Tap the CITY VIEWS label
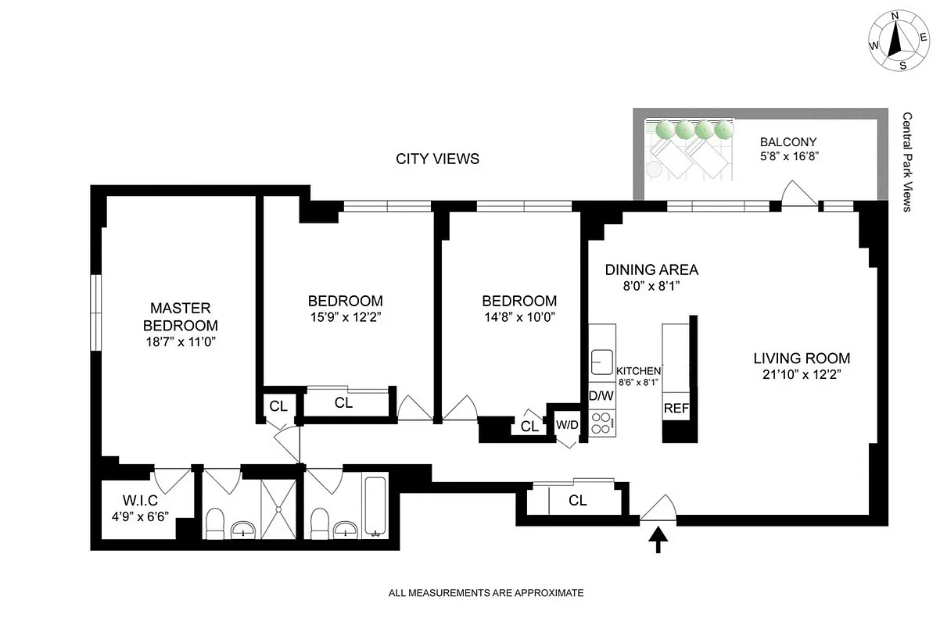pos(437,159)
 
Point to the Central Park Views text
pos(907,162)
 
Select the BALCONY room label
pos(788,142)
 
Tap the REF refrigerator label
pos(675,409)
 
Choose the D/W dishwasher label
pos(601,396)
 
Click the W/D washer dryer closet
pos(567,425)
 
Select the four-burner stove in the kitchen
pos(602,423)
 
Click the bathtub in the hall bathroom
pos(376,506)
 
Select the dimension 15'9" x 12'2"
pos(345,318)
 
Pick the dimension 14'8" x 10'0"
pos(519,318)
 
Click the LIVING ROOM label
pos(802,359)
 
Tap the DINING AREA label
pos(651,270)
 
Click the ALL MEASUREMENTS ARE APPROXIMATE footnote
pos(486,594)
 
